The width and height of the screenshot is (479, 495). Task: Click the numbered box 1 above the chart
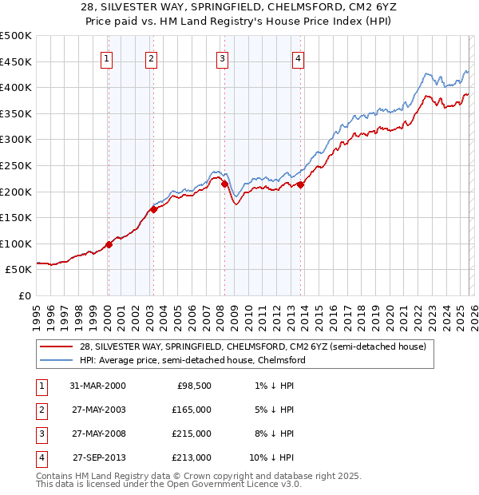(x=107, y=57)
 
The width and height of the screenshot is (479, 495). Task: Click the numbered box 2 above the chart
(x=152, y=57)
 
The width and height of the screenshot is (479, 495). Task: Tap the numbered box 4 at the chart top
(x=297, y=57)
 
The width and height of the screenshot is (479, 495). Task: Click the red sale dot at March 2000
(x=109, y=244)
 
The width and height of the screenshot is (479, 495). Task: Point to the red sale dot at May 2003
(x=153, y=210)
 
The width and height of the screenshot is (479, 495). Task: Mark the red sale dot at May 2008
(x=224, y=184)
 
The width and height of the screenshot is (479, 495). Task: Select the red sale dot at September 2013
(x=299, y=184)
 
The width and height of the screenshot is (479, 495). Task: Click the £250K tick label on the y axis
(x=16, y=165)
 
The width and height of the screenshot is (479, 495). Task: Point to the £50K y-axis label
(x=19, y=270)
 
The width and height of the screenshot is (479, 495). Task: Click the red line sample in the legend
(x=56, y=346)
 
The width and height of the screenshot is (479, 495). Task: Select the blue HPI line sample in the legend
(x=56, y=360)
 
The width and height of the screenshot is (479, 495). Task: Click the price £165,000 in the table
(x=192, y=409)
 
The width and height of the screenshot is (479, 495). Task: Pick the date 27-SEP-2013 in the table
(x=99, y=457)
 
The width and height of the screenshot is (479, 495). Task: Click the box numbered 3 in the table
(x=41, y=434)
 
